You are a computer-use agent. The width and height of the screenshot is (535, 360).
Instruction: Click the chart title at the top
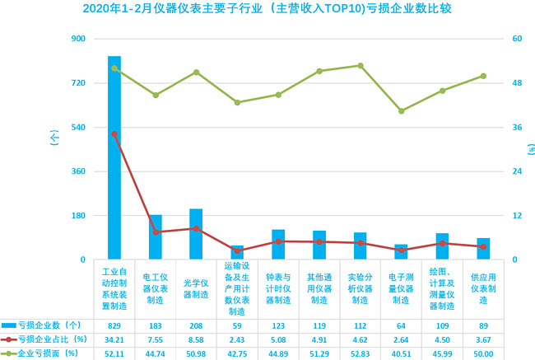click(267, 9)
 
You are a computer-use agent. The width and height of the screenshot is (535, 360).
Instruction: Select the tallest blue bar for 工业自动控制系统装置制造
click(114, 157)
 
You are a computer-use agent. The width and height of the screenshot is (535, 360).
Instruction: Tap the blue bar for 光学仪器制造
click(196, 234)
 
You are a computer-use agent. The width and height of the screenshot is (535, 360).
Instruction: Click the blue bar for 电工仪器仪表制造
click(156, 237)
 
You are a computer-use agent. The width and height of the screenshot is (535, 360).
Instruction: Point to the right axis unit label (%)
click(531, 149)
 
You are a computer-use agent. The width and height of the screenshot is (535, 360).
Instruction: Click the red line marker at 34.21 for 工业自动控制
click(114, 133)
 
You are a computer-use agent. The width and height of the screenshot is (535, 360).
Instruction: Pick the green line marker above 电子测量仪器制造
click(401, 110)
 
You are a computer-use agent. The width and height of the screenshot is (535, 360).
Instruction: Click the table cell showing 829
click(114, 325)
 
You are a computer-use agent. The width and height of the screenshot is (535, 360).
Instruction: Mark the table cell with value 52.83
click(360, 353)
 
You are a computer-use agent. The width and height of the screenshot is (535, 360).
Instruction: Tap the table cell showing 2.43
click(237, 339)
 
